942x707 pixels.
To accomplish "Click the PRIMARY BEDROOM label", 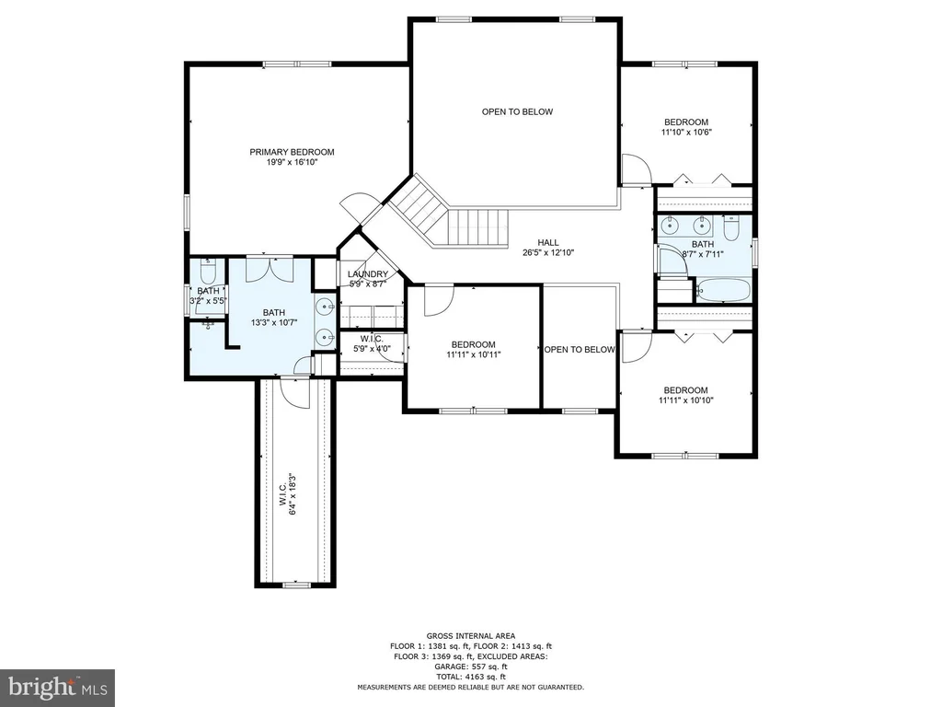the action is [292, 152].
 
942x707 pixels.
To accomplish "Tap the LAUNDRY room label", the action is [368, 274].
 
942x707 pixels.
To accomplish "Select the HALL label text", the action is [548, 242].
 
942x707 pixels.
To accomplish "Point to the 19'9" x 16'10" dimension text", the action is [292, 162].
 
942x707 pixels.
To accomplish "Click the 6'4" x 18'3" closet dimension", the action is [293, 493].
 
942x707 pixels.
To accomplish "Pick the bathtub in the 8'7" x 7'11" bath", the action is [723, 290].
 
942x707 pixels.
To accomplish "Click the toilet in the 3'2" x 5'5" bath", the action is [208, 272].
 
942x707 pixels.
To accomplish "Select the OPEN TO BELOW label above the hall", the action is [517, 111].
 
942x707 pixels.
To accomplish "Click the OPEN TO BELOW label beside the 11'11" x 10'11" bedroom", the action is [580, 349].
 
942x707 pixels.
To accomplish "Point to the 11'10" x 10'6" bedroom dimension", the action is [686, 133].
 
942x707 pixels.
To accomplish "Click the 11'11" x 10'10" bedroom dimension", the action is [686, 400].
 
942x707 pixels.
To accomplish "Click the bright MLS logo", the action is [58, 687].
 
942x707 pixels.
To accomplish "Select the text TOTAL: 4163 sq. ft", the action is [471, 677].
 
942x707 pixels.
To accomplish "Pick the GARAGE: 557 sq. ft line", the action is [471, 666].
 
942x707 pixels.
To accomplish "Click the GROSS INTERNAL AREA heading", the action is [471, 635].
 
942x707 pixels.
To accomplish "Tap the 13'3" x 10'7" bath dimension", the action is [274, 323].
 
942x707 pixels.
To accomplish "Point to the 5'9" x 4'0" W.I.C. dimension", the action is [372, 349].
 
